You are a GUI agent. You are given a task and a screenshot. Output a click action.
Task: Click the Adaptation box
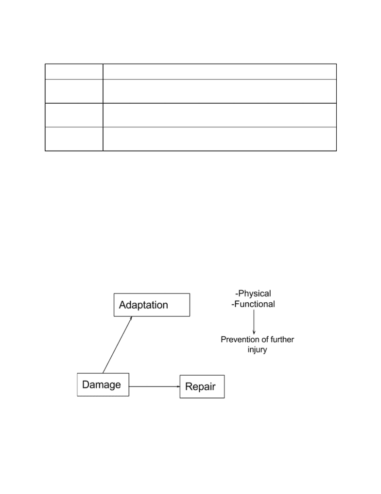(x=152, y=305)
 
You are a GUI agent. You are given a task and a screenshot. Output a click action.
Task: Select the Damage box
(x=103, y=384)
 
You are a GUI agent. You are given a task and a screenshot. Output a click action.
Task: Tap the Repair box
(x=202, y=386)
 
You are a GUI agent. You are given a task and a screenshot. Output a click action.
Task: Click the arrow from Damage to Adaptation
(x=117, y=345)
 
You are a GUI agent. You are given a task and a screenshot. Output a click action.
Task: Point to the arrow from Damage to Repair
(x=155, y=386)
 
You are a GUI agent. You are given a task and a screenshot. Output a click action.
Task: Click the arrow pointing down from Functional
(x=254, y=322)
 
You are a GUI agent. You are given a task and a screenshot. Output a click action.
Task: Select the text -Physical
(x=253, y=293)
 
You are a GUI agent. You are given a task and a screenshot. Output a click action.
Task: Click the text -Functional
(x=253, y=304)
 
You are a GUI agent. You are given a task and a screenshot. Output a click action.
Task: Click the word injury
(x=257, y=350)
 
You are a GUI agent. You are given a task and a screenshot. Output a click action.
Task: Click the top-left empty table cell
(x=74, y=72)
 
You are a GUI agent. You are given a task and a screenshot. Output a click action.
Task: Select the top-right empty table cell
(x=220, y=72)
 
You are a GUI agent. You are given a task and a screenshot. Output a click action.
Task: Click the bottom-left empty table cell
(x=74, y=139)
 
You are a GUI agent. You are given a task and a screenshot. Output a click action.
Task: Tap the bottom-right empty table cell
(x=220, y=139)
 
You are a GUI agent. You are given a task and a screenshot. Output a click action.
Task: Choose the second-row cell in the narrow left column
(x=74, y=91)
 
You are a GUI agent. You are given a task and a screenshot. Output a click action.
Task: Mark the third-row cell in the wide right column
(x=220, y=115)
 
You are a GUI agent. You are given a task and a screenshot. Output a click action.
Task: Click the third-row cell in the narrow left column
(x=74, y=115)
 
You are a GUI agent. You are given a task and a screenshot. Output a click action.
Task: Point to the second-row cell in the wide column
(x=220, y=91)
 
